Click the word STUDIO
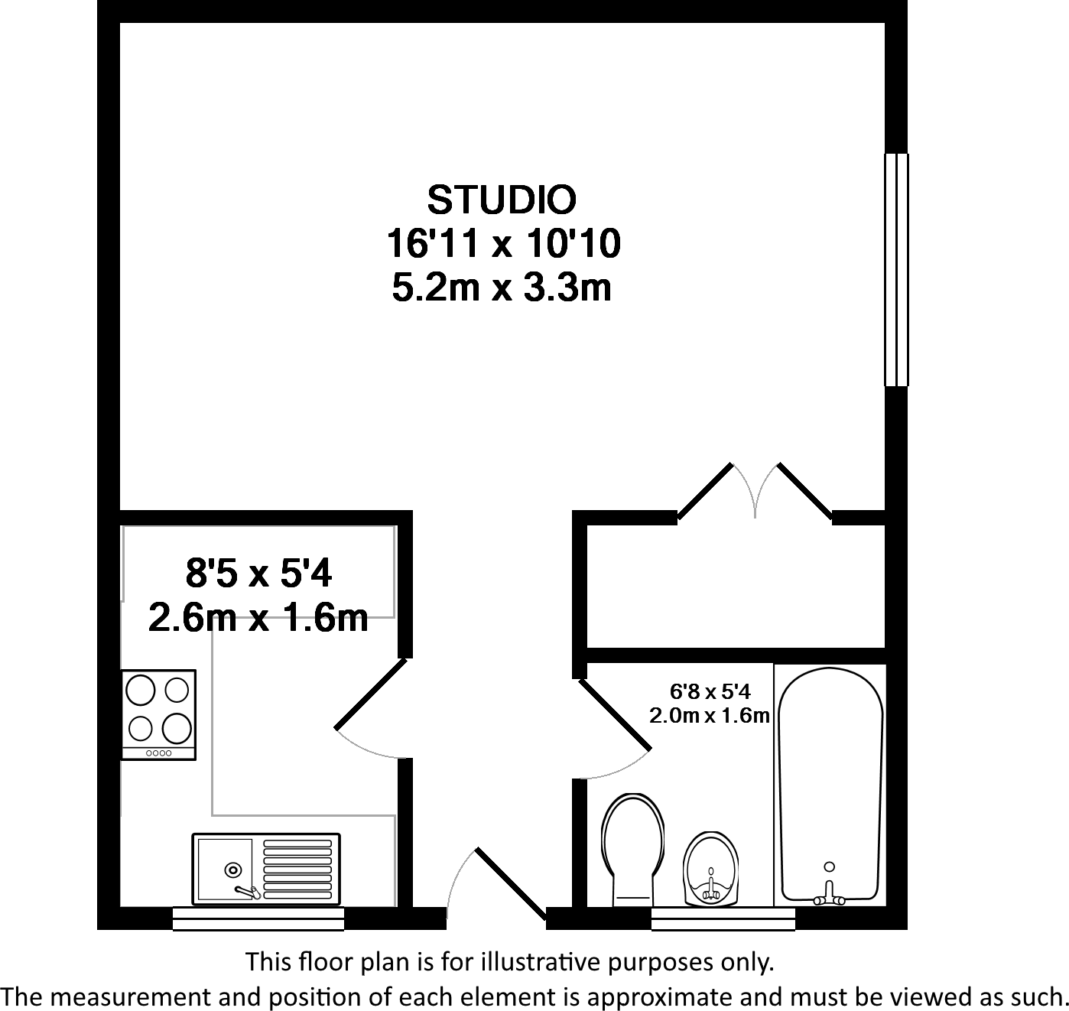[501, 200]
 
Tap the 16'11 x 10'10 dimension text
[502, 245]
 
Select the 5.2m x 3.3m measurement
[502, 289]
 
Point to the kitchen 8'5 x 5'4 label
[258, 573]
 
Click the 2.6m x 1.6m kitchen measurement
[258, 618]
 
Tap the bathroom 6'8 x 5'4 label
[710, 692]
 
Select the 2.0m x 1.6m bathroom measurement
[709, 716]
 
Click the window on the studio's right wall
[896, 269]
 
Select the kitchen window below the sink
[258, 918]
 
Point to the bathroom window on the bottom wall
[723, 918]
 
